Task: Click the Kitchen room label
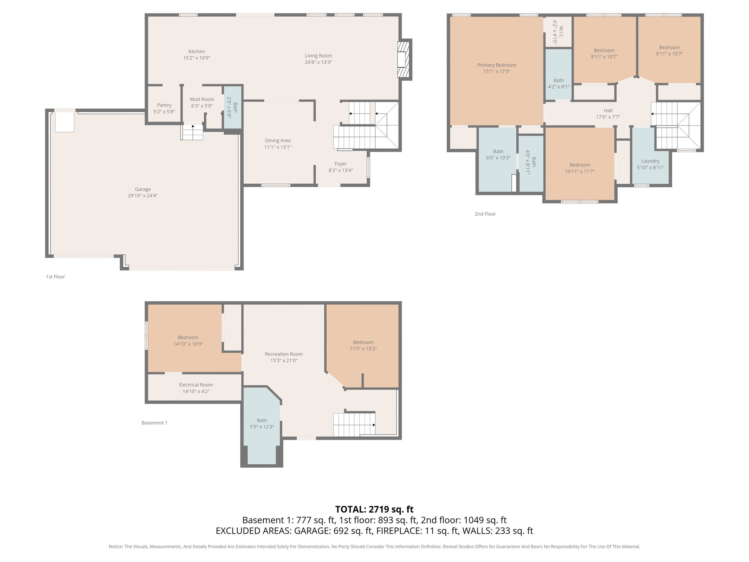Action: tap(196, 52)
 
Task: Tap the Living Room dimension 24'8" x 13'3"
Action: tap(318, 62)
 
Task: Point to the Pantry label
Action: tap(164, 105)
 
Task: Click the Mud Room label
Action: tap(202, 99)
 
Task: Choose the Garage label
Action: tap(143, 189)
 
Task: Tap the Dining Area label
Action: tap(278, 140)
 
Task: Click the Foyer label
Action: tap(340, 164)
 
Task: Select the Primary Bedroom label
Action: tap(497, 65)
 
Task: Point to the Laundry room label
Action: tap(650, 161)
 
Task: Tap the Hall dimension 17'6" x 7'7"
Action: tap(608, 117)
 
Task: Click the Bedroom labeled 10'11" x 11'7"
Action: tap(580, 168)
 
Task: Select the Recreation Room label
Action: tap(284, 354)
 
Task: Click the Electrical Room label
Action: tap(196, 385)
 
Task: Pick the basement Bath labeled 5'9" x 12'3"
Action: tap(262, 423)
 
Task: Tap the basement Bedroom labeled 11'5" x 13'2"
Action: tap(363, 345)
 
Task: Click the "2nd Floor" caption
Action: tap(485, 214)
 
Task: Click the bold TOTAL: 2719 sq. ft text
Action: tap(374, 509)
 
